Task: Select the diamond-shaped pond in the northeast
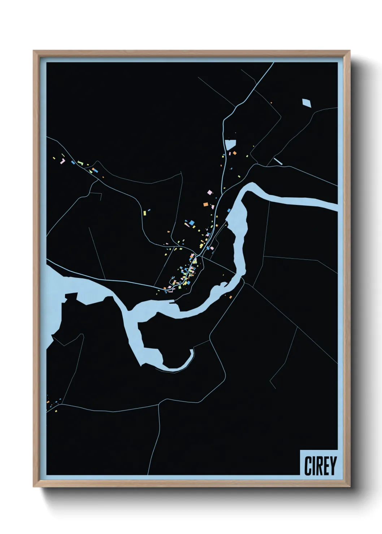click(307, 103)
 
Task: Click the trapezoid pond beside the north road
click(230, 145)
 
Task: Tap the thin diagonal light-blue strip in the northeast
click(278, 161)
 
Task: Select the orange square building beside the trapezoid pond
click(235, 153)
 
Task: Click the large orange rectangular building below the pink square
click(205, 205)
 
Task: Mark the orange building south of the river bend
click(230, 297)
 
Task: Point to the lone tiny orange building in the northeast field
click(271, 103)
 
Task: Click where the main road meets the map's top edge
click(273, 63)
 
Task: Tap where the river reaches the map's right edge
click(336, 207)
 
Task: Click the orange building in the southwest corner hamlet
click(48, 401)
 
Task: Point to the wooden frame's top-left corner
click(34, 51)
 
